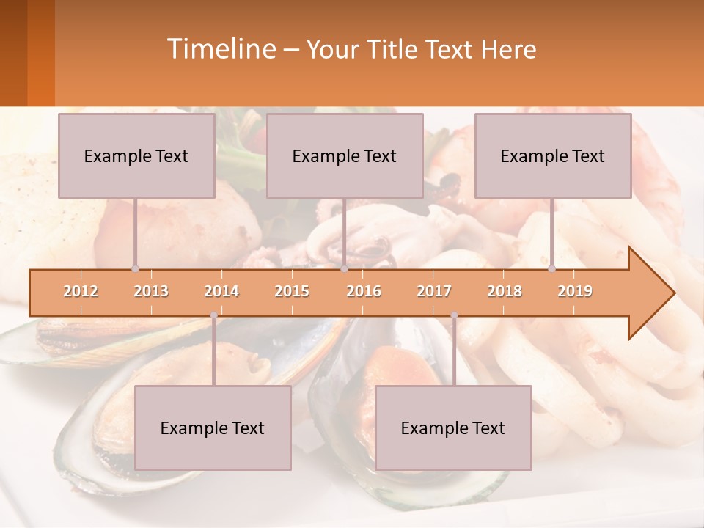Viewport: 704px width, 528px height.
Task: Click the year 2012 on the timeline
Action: tap(81, 291)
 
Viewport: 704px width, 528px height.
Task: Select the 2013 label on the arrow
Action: tap(151, 291)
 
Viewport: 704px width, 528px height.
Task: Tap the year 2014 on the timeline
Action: tap(221, 291)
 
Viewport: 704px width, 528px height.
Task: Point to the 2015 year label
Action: tap(292, 291)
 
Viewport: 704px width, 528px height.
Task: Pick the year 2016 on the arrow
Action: tap(364, 291)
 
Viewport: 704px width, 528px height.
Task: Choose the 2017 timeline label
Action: tap(434, 291)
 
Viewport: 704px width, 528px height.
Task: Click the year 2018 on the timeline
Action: tap(505, 291)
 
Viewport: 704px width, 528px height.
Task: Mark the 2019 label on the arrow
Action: tap(575, 291)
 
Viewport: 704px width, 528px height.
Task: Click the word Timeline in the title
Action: tap(220, 49)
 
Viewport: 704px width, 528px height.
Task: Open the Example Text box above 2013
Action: tap(136, 155)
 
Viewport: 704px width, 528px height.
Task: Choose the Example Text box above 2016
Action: tap(345, 155)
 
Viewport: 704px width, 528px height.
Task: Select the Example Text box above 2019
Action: tap(553, 155)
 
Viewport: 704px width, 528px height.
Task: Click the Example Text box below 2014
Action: tap(213, 428)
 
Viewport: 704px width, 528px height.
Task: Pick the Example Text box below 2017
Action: tap(453, 428)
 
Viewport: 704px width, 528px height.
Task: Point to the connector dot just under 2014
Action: tap(213, 315)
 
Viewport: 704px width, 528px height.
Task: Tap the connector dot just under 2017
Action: tap(454, 315)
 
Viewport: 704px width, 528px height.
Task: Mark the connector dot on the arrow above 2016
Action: tap(345, 269)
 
